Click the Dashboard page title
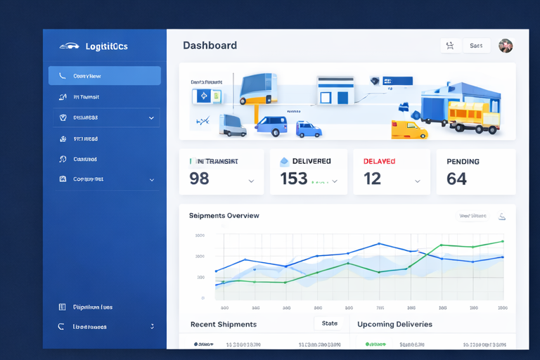pos(210,45)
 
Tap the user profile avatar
pos(506,46)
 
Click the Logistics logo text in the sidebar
pos(106,46)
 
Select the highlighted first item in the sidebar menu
pos(104,76)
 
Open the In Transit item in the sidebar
pos(86,97)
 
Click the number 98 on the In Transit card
pos(199,179)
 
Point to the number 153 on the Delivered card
pos(294,179)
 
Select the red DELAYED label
pos(379,162)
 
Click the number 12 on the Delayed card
pos(372,179)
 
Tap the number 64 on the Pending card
pos(456,179)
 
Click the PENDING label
pos(463,162)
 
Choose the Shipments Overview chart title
pos(224,216)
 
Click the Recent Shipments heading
pos(223,325)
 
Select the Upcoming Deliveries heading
pos(394,325)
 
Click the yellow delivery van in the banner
pos(409,129)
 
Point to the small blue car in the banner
pos(309,130)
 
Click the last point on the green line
pos(503,242)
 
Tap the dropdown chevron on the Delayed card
pos(417,181)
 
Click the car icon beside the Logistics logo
pos(69,46)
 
